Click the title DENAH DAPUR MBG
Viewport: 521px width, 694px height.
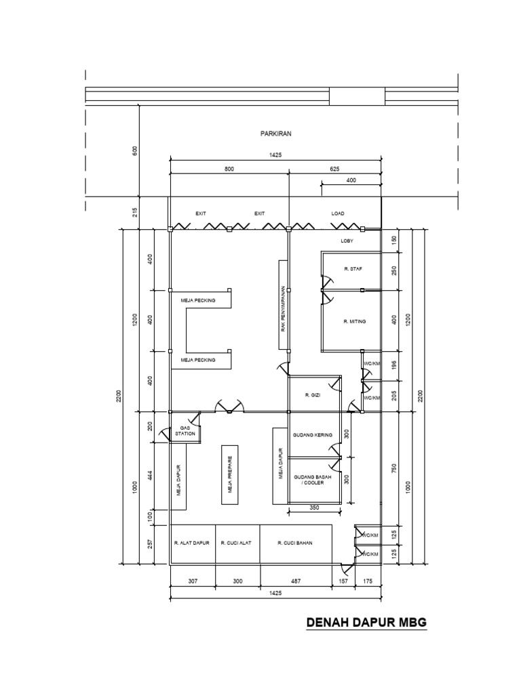coord(366,622)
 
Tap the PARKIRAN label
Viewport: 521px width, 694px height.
coord(275,134)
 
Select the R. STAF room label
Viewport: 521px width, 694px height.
coord(353,269)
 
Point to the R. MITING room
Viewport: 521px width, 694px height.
coord(354,321)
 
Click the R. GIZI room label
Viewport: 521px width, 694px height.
coord(312,394)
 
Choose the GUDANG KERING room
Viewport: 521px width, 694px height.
coord(312,435)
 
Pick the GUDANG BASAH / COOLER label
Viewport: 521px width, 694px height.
coord(313,481)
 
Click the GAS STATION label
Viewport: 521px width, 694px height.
coord(185,430)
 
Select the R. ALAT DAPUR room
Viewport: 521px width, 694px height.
coord(192,543)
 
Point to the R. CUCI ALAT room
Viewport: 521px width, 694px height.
coord(237,543)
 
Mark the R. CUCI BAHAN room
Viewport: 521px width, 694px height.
coord(295,543)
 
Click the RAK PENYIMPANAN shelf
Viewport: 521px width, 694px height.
coord(284,307)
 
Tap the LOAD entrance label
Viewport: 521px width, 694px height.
coord(338,213)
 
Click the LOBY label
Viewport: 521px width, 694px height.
coord(347,241)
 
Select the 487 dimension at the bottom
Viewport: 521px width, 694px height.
coord(295,581)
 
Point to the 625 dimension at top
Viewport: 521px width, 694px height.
coord(334,169)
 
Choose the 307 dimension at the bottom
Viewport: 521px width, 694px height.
coord(192,581)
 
